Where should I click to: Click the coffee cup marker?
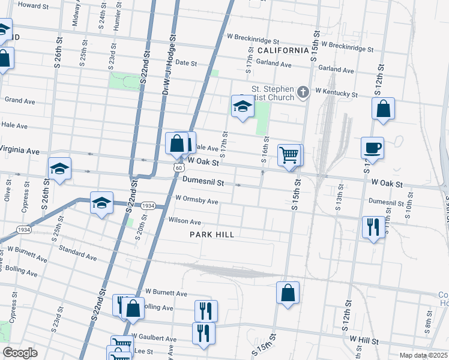pyautogui.click(x=372, y=148)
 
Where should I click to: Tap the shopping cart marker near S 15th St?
pyautogui.click(x=289, y=155)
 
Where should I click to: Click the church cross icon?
pyautogui.click(x=303, y=92)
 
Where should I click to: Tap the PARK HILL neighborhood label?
pyautogui.click(x=212, y=234)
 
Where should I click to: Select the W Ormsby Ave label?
pyautogui.click(x=196, y=201)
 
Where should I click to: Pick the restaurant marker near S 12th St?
pyautogui.click(x=373, y=227)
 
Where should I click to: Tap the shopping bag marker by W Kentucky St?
pyautogui.click(x=383, y=109)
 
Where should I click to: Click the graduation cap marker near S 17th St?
pyautogui.click(x=243, y=107)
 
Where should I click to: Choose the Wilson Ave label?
pyautogui.click(x=184, y=221)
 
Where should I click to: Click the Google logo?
pyautogui.click(x=20, y=353)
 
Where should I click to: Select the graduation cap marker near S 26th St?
pyautogui.click(x=59, y=169)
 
